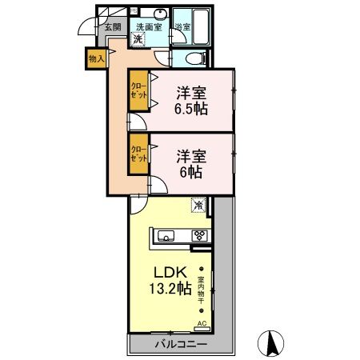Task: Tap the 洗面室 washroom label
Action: click(148, 26)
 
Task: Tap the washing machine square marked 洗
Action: click(138, 39)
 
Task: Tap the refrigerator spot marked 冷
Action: click(198, 205)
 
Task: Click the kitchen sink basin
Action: click(166, 236)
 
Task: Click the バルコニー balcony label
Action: click(180, 345)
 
